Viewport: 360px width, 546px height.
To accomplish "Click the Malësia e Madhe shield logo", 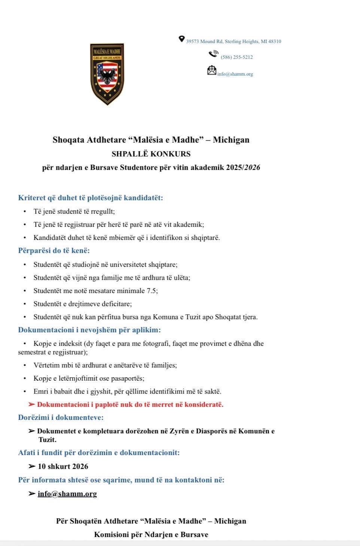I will pos(107,74).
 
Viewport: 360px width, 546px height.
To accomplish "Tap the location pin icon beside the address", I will pos(182,39).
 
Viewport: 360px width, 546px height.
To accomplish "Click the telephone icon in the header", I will pos(213,54).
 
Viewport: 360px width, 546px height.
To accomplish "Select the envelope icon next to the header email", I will pos(212,70).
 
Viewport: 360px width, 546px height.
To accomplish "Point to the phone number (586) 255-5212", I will pos(237,57).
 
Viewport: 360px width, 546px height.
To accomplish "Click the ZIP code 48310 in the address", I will pos(274,42).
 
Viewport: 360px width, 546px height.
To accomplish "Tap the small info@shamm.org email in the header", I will pos(235,74).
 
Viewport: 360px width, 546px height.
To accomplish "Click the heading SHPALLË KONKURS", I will pos(151,154).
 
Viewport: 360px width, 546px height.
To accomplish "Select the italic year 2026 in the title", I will pos(253,168).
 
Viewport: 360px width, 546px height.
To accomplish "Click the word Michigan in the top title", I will pos(231,140).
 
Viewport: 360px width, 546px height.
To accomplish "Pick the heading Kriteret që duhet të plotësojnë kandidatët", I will pos(91,198).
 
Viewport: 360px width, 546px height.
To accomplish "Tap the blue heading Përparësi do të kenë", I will pos(54,251).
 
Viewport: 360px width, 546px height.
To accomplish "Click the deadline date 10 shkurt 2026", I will pos(63,466).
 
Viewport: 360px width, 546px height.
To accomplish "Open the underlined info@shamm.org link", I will pos(67,494).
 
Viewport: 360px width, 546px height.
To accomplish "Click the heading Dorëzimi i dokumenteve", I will pos(61,417).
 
